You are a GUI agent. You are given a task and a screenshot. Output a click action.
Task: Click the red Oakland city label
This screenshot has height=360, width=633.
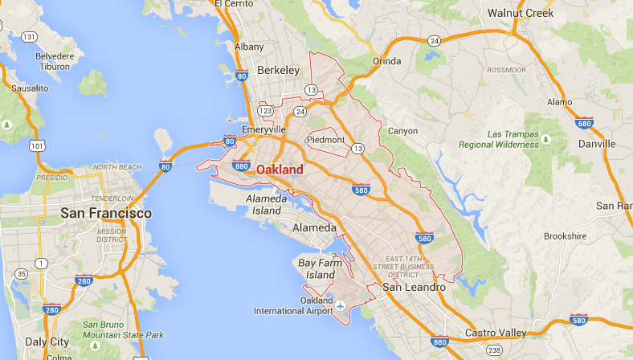pos(280,170)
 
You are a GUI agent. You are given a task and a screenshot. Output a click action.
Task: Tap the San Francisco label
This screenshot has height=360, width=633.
pos(106,214)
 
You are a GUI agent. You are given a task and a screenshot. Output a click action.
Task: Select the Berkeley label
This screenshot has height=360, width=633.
pos(278,71)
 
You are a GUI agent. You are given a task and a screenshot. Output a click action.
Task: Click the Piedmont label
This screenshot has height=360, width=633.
pos(325,140)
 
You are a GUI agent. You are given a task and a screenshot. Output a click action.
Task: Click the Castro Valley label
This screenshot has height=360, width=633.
pos(496,333)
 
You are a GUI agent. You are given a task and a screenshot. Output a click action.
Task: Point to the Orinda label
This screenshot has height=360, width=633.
pos(387,62)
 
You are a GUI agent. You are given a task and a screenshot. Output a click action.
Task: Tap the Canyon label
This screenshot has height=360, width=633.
pos(403,131)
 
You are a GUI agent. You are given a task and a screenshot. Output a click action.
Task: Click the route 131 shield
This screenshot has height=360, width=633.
pos(30,37)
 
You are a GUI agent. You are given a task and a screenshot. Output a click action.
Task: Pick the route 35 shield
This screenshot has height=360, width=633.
pos(22,274)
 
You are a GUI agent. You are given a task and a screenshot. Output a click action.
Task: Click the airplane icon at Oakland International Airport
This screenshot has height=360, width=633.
pos(341,305)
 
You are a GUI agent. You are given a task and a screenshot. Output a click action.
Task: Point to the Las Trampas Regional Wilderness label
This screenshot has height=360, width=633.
pos(499,139)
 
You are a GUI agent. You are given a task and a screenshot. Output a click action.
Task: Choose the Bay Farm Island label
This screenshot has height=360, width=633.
pos(316,268)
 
